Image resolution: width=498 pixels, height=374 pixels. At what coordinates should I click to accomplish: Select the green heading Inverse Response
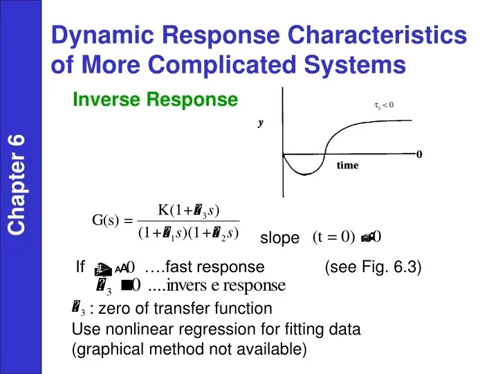155,101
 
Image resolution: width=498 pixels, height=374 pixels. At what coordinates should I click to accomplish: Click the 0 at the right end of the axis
419,154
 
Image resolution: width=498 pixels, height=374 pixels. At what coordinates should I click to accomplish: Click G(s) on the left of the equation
109,221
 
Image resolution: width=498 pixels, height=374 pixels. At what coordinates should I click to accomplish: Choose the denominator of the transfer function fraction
188,233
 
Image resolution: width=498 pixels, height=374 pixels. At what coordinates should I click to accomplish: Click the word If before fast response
80,267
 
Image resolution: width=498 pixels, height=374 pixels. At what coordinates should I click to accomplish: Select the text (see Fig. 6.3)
373,267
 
